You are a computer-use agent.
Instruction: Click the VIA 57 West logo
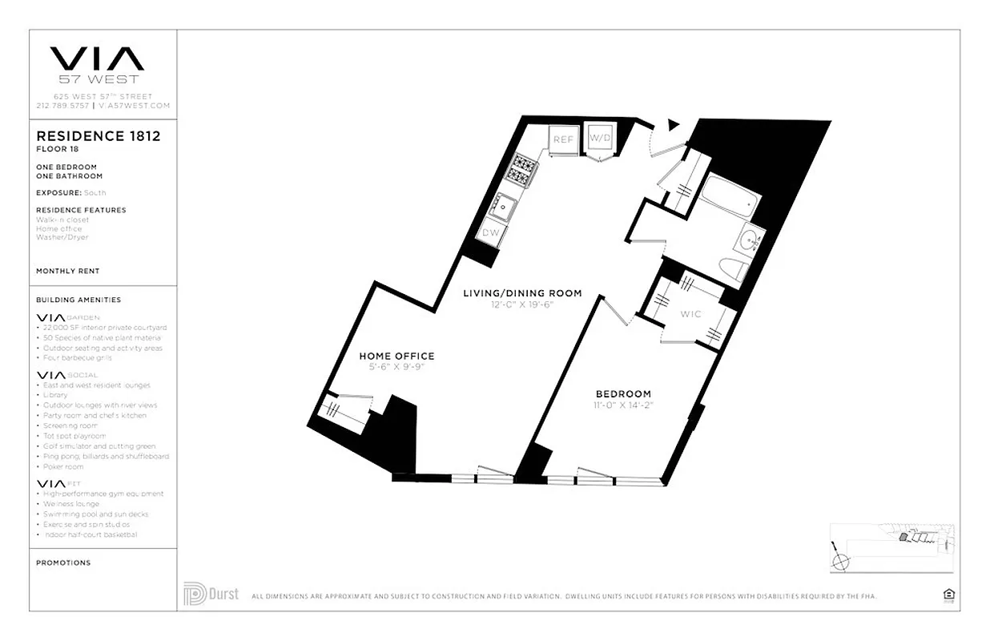[x=97, y=64]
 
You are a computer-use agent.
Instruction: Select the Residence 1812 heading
[x=98, y=136]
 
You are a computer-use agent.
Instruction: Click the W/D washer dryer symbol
[x=599, y=139]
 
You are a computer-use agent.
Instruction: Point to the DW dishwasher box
[x=490, y=233]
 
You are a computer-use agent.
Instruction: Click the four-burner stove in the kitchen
[x=525, y=168]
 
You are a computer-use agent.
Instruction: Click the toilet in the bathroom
[x=732, y=268]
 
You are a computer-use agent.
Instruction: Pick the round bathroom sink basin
[x=751, y=240]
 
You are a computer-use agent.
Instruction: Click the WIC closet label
[x=690, y=314]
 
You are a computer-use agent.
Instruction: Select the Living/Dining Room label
[x=522, y=293]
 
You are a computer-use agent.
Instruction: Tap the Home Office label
[x=396, y=356]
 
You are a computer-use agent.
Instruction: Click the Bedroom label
[x=623, y=393]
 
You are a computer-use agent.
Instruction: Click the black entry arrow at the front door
[x=673, y=125]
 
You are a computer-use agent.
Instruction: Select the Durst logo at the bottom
[x=211, y=595]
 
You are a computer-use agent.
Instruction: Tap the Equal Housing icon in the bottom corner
[x=948, y=595]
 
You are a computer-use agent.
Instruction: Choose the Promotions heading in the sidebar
[x=63, y=562]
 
